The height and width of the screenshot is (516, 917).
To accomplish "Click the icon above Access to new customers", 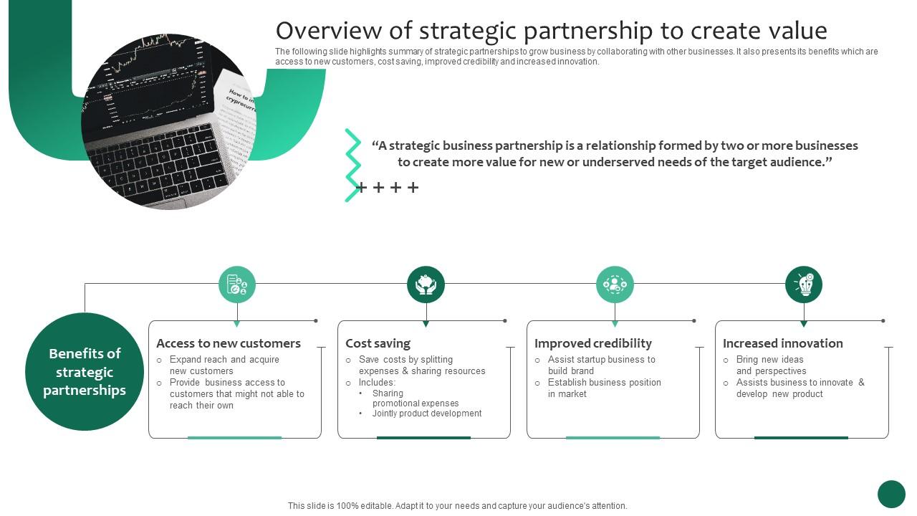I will (x=237, y=285).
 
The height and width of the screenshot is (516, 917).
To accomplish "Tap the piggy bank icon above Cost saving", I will (x=426, y=285).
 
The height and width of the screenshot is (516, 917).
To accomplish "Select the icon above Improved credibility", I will (x=615, y=285).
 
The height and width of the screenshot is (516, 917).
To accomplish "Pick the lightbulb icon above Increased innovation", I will (x=804, y=285).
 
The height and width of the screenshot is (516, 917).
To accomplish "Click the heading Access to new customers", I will (x=229, y=343).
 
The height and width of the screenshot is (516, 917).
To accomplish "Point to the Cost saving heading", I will (x=378, y=343).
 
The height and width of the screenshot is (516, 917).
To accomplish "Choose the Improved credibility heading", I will (x=593, y=343).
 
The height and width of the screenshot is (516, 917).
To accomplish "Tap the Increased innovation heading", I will (x=782, y=343).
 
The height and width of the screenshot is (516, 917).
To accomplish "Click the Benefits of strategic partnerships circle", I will (x=85, y=372).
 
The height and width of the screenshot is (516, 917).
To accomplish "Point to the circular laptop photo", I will (x=169, y=122).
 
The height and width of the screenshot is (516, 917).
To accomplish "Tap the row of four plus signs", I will (x=387, y=188).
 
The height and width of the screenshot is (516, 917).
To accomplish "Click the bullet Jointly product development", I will (x=426, y=414).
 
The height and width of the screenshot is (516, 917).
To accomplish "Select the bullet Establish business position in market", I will (x=604, y=388).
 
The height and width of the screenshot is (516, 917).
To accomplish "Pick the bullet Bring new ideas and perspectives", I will (x=771, y=365).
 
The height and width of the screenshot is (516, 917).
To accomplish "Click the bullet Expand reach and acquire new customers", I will (x=224, y=365).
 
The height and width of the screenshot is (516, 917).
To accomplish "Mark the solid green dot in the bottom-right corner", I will (x=891, y=494).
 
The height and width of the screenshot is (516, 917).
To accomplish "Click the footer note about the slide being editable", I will (x=457, y=506).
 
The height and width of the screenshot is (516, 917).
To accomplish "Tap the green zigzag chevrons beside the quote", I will (x=352, y=166).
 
